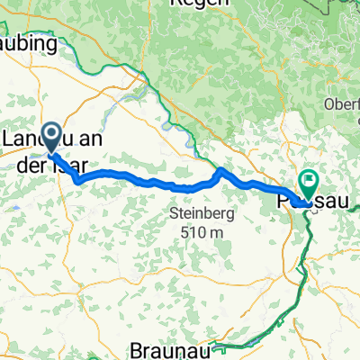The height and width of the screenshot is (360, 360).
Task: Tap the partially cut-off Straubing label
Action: click(x=27, y=43)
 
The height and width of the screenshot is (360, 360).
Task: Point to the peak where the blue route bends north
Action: click(x=220, y=170)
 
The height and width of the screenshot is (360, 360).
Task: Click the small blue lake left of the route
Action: click(x=19, y=212)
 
